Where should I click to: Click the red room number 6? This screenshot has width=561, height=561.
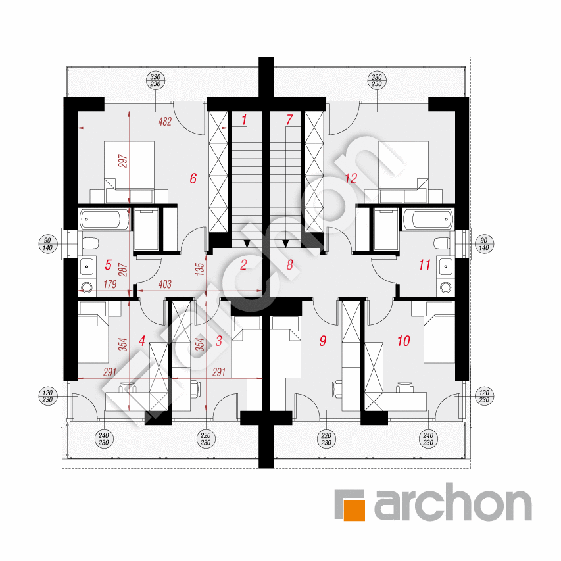pyautogui.click(x=193, y=178)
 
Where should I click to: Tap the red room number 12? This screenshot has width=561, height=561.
pyautogui.click(x=351, y=178)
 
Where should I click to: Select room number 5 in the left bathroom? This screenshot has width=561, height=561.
pyautogui.click(x=108, y=265)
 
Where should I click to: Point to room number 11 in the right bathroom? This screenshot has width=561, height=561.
pyautogui.click(x=424, y=265)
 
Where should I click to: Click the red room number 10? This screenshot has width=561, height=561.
pyautogui.click(x=404, y=341)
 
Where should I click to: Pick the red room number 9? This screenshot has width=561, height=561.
pyautogui.click(x=323, y=341)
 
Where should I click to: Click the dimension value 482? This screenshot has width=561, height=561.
pyautogui.click(x=165, y=122)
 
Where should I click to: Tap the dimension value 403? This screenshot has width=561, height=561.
pyautogui.click(x=165, y=284)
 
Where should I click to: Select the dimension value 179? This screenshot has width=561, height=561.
pyautogui.click(x=110, y=284)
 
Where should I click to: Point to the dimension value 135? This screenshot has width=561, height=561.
pyautogui.click(x=200, y=268)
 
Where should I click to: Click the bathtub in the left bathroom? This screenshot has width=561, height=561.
pyautogui.click(x=104, y=219)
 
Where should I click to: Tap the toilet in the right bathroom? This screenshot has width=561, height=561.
pyautogui.click(x=441, y=243)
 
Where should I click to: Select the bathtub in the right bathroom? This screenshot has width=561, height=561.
pyautogui.click(x=428, y=219)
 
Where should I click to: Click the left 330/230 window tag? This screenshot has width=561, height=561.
pyautogui.click(x=155, y=80)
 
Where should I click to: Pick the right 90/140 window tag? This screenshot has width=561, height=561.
pyautogui.click(x=483, y=244)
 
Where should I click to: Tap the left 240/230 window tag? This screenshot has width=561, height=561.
pyautogui.click(x=104, y=439)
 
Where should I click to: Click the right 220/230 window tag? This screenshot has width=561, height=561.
pyautogui.click(x=326, y=439)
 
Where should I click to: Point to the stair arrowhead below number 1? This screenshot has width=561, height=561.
pyautogui.click(x=247, y=243)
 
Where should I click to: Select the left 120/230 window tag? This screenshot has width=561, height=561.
pyautogui.click(x=47, y=397)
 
